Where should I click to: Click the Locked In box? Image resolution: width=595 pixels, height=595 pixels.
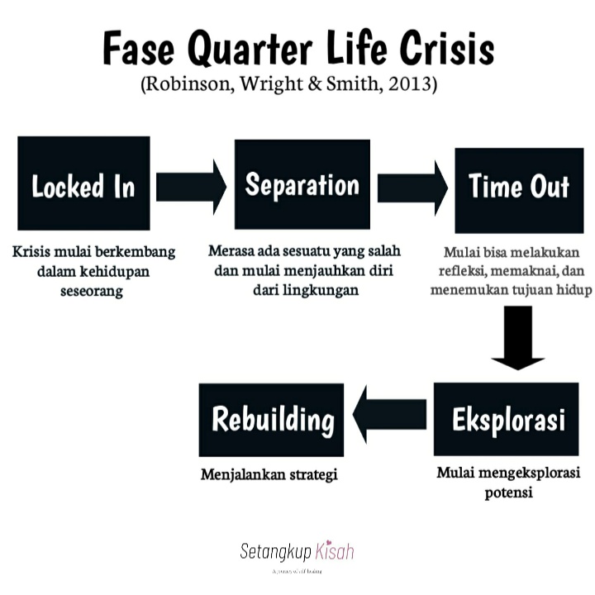(x=83, y=183)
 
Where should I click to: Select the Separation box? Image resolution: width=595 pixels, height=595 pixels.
(x=302, y=183)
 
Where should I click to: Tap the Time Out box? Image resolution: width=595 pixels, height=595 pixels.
(x=519, y=185)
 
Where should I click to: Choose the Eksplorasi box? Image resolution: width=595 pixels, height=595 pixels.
(x=507, y=419)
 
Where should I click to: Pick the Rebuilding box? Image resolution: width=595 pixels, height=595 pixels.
(x=272, y=419)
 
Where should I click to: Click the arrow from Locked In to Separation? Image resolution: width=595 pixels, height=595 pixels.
(x=191, y=186)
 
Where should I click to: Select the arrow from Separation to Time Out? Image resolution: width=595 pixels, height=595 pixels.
(x=412, y=186)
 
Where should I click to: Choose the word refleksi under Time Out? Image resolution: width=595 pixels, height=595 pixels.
(x=472, y=270)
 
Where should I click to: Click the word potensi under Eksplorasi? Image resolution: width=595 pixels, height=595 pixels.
(x=507, y=493)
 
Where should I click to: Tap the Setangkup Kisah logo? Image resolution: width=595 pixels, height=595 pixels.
(x=296, y=552)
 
